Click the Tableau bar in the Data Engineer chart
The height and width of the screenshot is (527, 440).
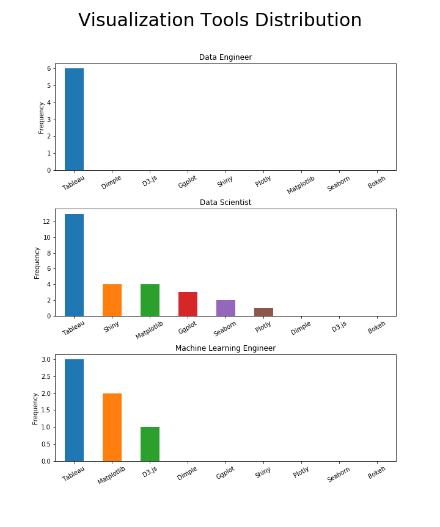click(x=74, y=119)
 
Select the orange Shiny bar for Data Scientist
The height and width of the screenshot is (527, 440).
click(x=112, y=300)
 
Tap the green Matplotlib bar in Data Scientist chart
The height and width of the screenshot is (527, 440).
click(x=150, y=300)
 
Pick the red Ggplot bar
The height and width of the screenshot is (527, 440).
click(x=188, y=304)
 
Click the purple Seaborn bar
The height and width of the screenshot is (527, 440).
click(x=226, y=308)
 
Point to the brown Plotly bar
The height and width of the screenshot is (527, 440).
click(x=263, y=312)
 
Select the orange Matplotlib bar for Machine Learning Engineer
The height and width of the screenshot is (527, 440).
click(x=112, y=427)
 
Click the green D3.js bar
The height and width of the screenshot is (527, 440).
click(x=150, y=444)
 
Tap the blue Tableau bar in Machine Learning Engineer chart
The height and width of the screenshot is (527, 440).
click(x=74, y=410)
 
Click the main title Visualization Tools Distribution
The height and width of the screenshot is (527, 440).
click(x=220, y=21)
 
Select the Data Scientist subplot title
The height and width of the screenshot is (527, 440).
click(x=226, y=203)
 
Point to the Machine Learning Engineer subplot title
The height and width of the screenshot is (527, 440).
click(x=226, y=348)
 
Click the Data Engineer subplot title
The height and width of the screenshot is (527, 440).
click(x=226, y=57)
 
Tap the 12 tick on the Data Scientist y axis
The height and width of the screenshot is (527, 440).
click(x=46, y=222)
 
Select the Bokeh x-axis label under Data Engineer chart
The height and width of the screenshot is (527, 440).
click(x=376, y=182)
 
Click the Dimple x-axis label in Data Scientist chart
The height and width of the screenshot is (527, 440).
click(x=301, y=328)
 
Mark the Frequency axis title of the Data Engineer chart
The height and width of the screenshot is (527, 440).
click(x=42, y=117)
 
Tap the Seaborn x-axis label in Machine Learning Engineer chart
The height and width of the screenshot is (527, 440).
click(x=339, y=475)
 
